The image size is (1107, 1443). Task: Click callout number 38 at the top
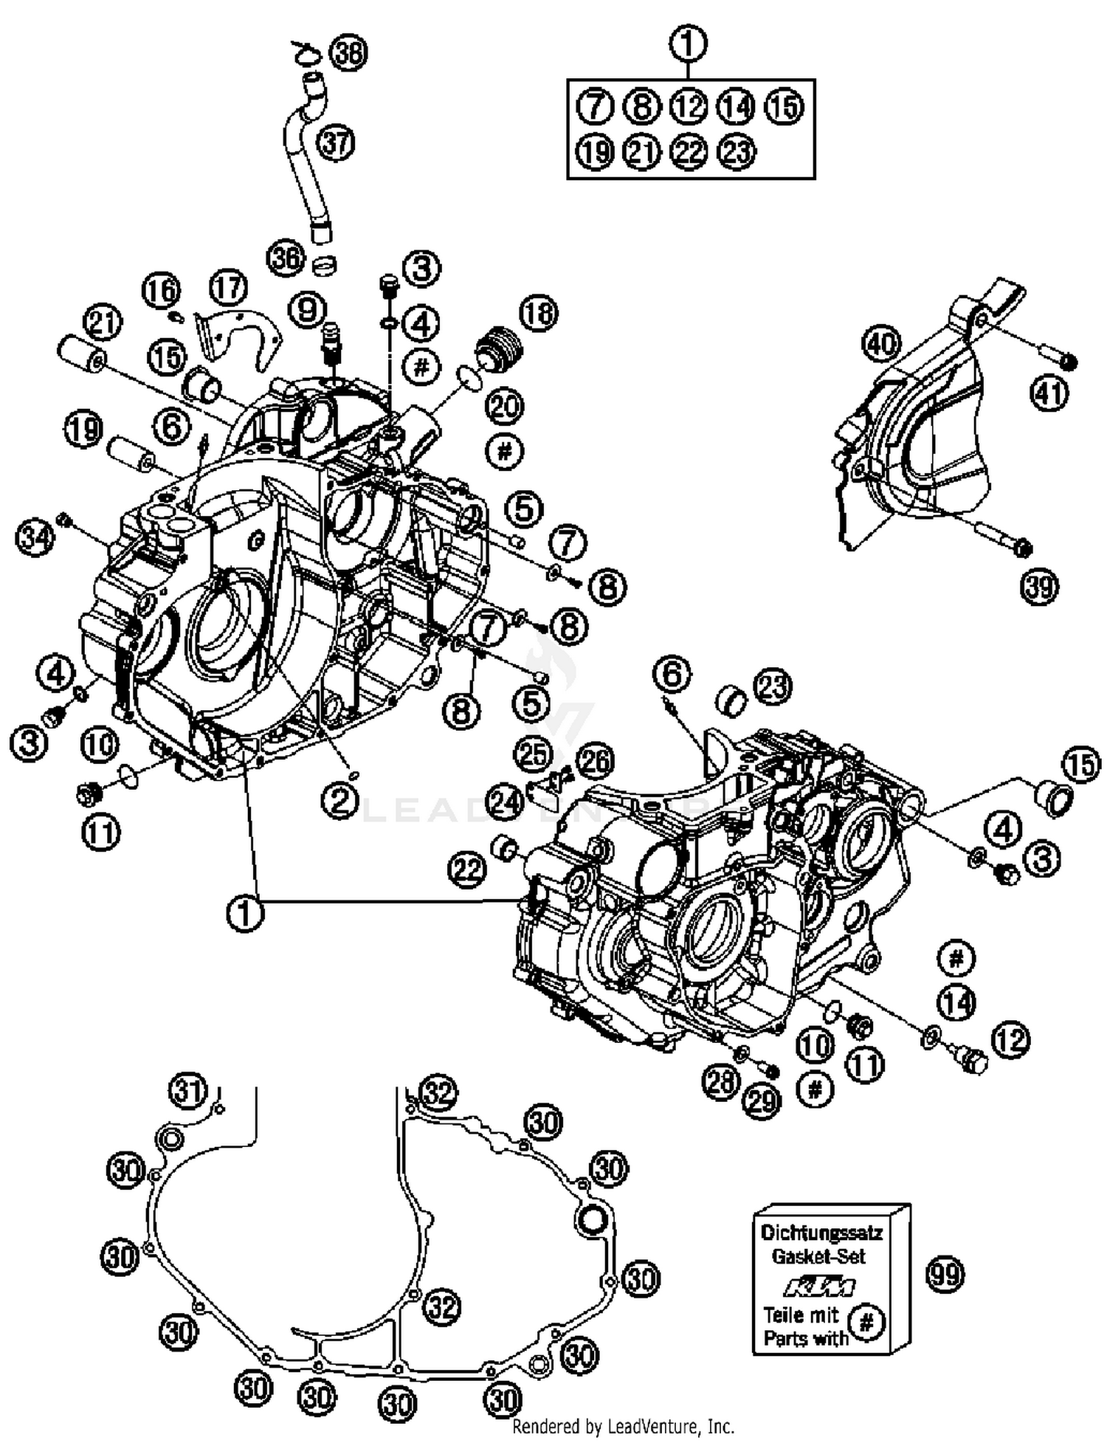point(348,53)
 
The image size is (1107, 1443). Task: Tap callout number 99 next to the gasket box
point(945,1274)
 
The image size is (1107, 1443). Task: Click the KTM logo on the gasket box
point(819,1287)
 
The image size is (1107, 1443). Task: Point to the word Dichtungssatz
point(821,1232)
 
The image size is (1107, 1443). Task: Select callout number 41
point(1049,393)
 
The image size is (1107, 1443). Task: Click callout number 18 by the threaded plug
point(539,313)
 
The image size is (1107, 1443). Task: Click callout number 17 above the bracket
point(228,287)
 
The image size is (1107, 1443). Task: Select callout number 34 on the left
point(35,536)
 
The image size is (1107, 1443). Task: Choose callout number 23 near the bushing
point(771,686)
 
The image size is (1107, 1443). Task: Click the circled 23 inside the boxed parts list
point(737,152)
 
